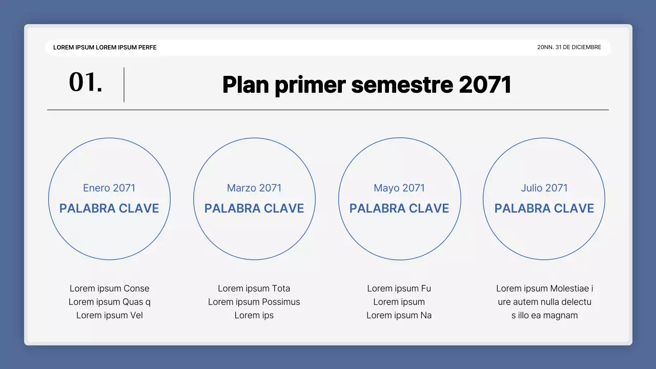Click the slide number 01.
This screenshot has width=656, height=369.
(86, 83)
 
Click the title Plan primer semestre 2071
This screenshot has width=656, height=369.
(367, 85)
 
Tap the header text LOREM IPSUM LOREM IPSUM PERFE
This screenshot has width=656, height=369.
(105, 47)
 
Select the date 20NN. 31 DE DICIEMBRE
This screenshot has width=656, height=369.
(569, 47)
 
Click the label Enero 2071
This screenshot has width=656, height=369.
(109, 188)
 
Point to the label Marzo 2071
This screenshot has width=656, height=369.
(254, 188)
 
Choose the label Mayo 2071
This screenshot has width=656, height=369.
(399, 188)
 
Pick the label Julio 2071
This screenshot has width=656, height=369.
(544, 188)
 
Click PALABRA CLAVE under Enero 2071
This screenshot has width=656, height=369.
(109, 208)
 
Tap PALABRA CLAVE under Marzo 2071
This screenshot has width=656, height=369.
(254, 208)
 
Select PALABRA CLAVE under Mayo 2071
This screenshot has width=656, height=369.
(399, 208)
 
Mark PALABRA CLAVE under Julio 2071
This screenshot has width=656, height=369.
(544, 208)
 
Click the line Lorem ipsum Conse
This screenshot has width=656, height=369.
(110, 289)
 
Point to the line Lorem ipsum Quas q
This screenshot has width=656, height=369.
(110, 302)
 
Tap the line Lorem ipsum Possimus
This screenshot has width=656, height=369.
(254, 302)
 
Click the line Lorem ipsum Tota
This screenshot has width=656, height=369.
(254, 289)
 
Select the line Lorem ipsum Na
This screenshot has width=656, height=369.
(399, 315)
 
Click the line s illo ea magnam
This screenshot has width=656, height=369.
(544, 315)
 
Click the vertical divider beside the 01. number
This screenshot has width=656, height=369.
(124, 85)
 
